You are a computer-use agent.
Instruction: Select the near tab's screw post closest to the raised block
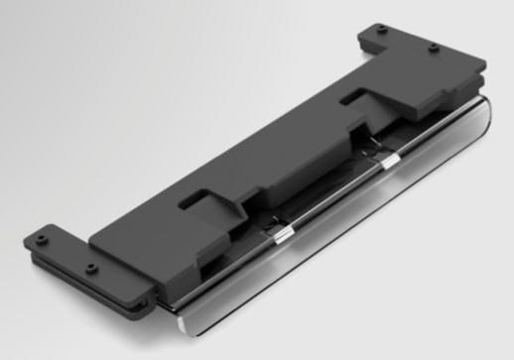[x=90, y=268]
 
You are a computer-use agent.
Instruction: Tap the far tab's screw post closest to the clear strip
[x=434, y=47]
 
